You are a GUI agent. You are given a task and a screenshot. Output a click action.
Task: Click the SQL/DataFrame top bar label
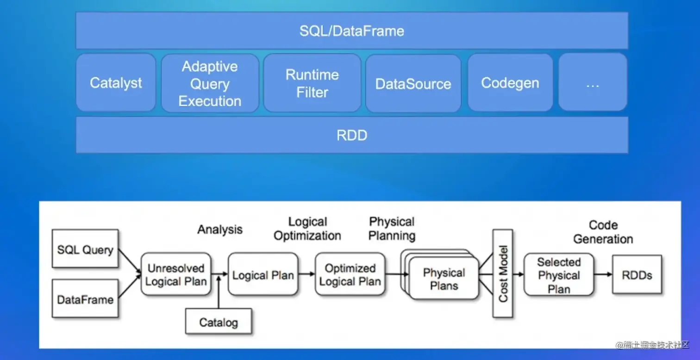(351, 31)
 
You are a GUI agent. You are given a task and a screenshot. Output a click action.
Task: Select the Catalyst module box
(116, 83)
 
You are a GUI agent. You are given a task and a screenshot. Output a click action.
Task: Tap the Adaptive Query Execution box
(210, 83)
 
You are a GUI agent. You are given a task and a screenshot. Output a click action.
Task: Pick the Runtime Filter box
(312, 83)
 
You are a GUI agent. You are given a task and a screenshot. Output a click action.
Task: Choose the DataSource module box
(413, 84)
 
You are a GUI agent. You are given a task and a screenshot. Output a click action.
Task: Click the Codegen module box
(510, 83)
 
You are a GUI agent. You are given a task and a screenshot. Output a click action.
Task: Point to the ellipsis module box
(593, 83)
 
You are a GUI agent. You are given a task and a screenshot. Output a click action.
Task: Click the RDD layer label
(351, 135)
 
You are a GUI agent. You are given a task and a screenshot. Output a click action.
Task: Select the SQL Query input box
(85, 249)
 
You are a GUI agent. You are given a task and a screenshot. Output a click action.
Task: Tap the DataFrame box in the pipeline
(85, 299)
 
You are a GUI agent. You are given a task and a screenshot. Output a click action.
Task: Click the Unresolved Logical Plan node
(176, 274)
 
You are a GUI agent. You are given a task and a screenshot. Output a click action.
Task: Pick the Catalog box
(219, 322)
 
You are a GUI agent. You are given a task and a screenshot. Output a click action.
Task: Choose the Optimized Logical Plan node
(350, 274)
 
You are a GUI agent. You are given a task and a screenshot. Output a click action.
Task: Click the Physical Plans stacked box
(444, 279)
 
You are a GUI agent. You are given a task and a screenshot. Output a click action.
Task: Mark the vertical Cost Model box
(503, 273)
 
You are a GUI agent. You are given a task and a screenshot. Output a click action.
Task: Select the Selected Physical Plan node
(558, 275)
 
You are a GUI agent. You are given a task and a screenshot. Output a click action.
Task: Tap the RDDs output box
(637, 274)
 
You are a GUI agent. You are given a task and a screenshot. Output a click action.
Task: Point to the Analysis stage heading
(220, 230)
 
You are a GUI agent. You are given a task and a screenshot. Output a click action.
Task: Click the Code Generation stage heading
(603, 232)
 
